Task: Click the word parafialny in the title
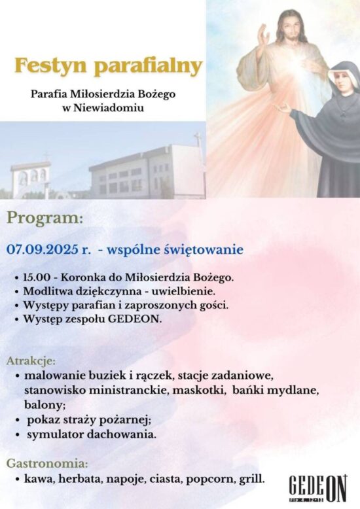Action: click(148, 66)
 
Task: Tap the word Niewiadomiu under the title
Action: click(109, 108)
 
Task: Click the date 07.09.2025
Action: click(43, 250)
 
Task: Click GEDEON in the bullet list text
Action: click(135, 319)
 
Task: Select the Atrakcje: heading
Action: click(31, 361)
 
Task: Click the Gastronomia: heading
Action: click(47, 463)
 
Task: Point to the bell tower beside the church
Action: click(30, 178)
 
